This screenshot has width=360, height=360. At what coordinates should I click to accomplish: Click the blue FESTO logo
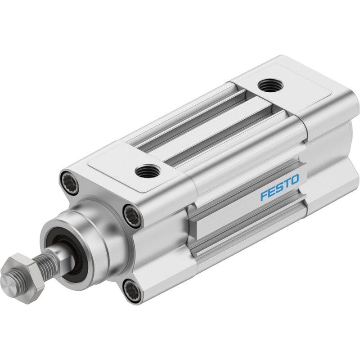279,187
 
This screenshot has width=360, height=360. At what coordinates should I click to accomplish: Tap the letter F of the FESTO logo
264,195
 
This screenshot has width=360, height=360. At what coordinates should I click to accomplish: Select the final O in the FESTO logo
295,179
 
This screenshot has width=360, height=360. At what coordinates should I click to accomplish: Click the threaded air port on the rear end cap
270,85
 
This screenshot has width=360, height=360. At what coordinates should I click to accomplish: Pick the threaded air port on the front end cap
147,171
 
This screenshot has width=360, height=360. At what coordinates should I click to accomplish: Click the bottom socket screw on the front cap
132,290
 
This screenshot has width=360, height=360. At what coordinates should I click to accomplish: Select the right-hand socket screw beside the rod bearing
132,216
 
